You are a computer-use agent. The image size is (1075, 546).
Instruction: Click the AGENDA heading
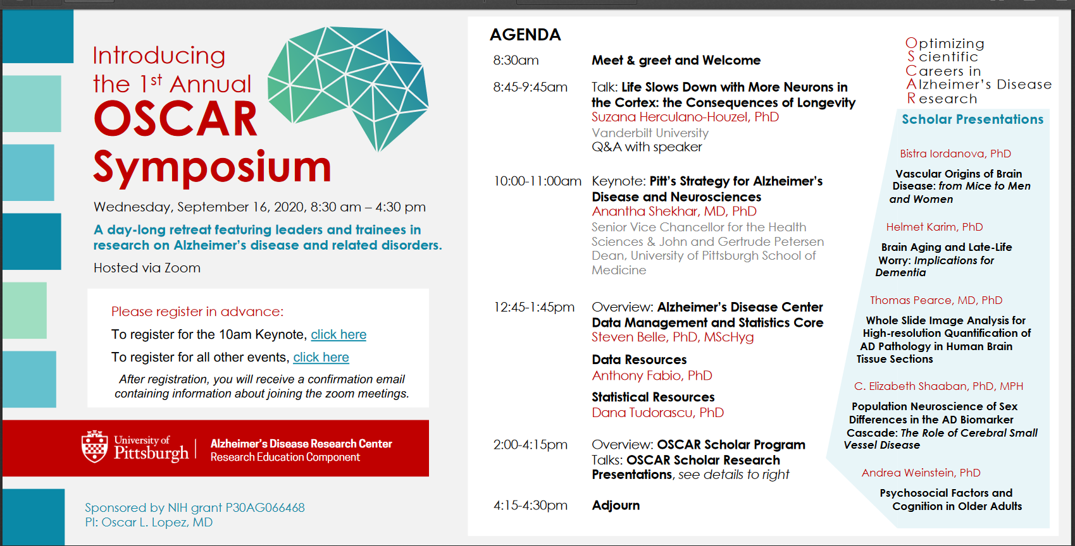click(x=525, y=35)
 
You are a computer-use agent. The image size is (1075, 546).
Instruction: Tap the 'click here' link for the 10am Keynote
click(x=339, y=334)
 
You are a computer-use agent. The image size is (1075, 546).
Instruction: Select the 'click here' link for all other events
click(x=321, y=358)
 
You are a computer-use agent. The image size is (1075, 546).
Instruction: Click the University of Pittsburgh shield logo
click(x=94, y=446)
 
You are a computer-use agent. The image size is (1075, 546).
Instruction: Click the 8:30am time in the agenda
click(x=516, y=61)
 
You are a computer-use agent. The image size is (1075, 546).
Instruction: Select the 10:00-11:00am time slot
click(x=538, y=181)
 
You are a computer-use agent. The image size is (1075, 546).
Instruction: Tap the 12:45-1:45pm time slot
click(x=533, y=307)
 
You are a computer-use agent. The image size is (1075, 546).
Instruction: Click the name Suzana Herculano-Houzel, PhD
click(x=685, y=117)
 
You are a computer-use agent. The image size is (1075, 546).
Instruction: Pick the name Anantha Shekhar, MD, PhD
click(x=674, y=212)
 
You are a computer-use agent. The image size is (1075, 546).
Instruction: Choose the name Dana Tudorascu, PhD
click(x=657, y=413)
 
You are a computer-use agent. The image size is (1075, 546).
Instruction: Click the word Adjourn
click(x=616, y=506)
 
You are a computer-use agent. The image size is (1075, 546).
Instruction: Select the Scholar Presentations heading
click(x=972, y=119)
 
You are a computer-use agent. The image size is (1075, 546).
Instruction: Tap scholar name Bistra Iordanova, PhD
click(x=955, y=154)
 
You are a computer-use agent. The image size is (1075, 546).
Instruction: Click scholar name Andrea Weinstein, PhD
click(x=921, y=473)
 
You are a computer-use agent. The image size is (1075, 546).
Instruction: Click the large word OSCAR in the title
click(x=176, y=119)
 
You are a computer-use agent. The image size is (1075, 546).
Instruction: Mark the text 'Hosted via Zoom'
click(x=147, y=268)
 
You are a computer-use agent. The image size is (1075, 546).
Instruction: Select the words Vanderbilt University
click(x=650, y=133)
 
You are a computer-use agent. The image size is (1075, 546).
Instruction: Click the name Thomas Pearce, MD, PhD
click(x=936, y=301)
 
